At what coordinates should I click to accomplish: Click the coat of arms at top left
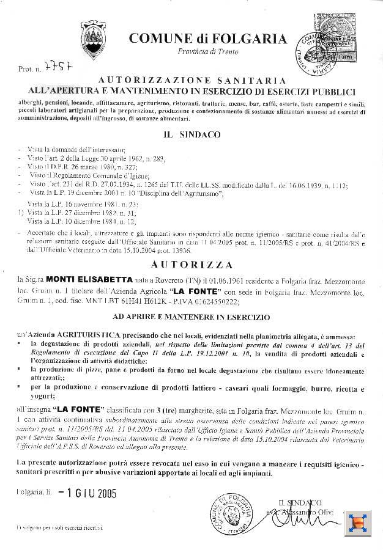pos(93,40)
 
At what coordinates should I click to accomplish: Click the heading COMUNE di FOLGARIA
pos(207,39)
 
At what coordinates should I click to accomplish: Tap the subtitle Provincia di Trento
pos(207,52)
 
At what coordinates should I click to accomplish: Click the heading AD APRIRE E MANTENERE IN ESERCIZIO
pos(191,318)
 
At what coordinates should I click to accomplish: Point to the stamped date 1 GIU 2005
pos(87,493)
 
